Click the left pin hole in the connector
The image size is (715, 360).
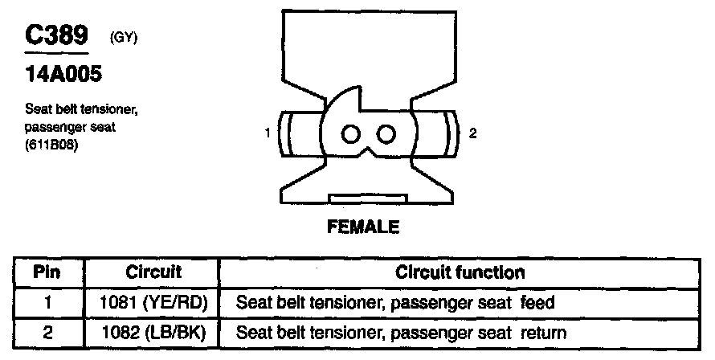(x=351, y=133)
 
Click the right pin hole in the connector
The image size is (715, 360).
(x=386, y=133)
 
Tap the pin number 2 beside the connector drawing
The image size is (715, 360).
(x=472, y=134)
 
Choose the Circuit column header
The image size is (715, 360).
(x=153, y=272)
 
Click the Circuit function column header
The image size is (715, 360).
(x=460, y=272)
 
